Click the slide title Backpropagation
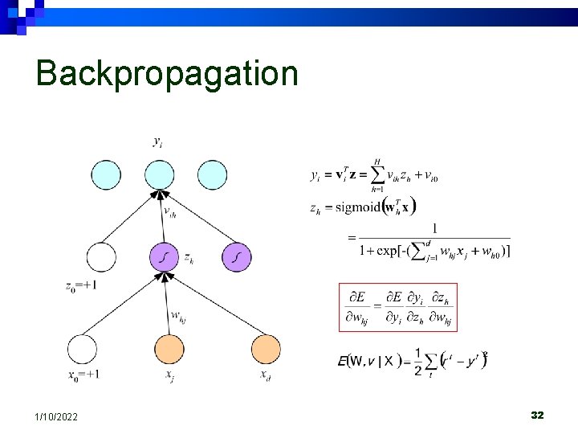(167, 73)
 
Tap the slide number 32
(537, 415)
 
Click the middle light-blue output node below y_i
(160, 175)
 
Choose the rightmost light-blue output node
(212, 175)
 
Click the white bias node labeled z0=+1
(101, 257)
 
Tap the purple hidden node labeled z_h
(164, 257)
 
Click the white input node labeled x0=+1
(82, 350)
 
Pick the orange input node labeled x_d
(266, 350)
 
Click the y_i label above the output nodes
(158, 142)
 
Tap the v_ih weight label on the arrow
(170, 213)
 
